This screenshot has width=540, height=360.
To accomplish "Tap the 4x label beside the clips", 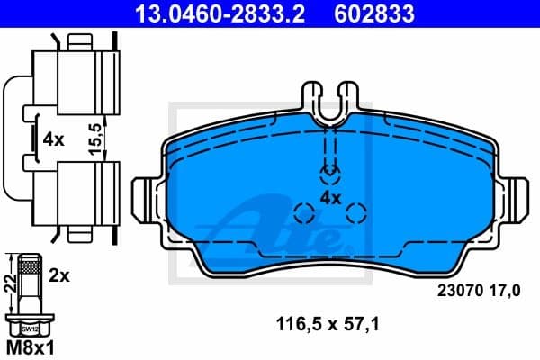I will [x=53, y=140].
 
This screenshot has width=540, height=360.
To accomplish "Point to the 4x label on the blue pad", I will [x=330, y=196].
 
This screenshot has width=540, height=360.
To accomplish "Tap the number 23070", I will [x=457, y=291].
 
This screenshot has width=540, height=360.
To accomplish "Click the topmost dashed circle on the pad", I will [x=331, y=170].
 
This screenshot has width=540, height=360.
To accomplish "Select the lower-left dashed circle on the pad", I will [x=305, y=214].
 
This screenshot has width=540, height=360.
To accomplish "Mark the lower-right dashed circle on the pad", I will [x=356, y=213].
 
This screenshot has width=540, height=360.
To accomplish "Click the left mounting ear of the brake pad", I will [x=144, y=198].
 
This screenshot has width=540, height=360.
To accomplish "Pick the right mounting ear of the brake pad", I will [x=517, y=198].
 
